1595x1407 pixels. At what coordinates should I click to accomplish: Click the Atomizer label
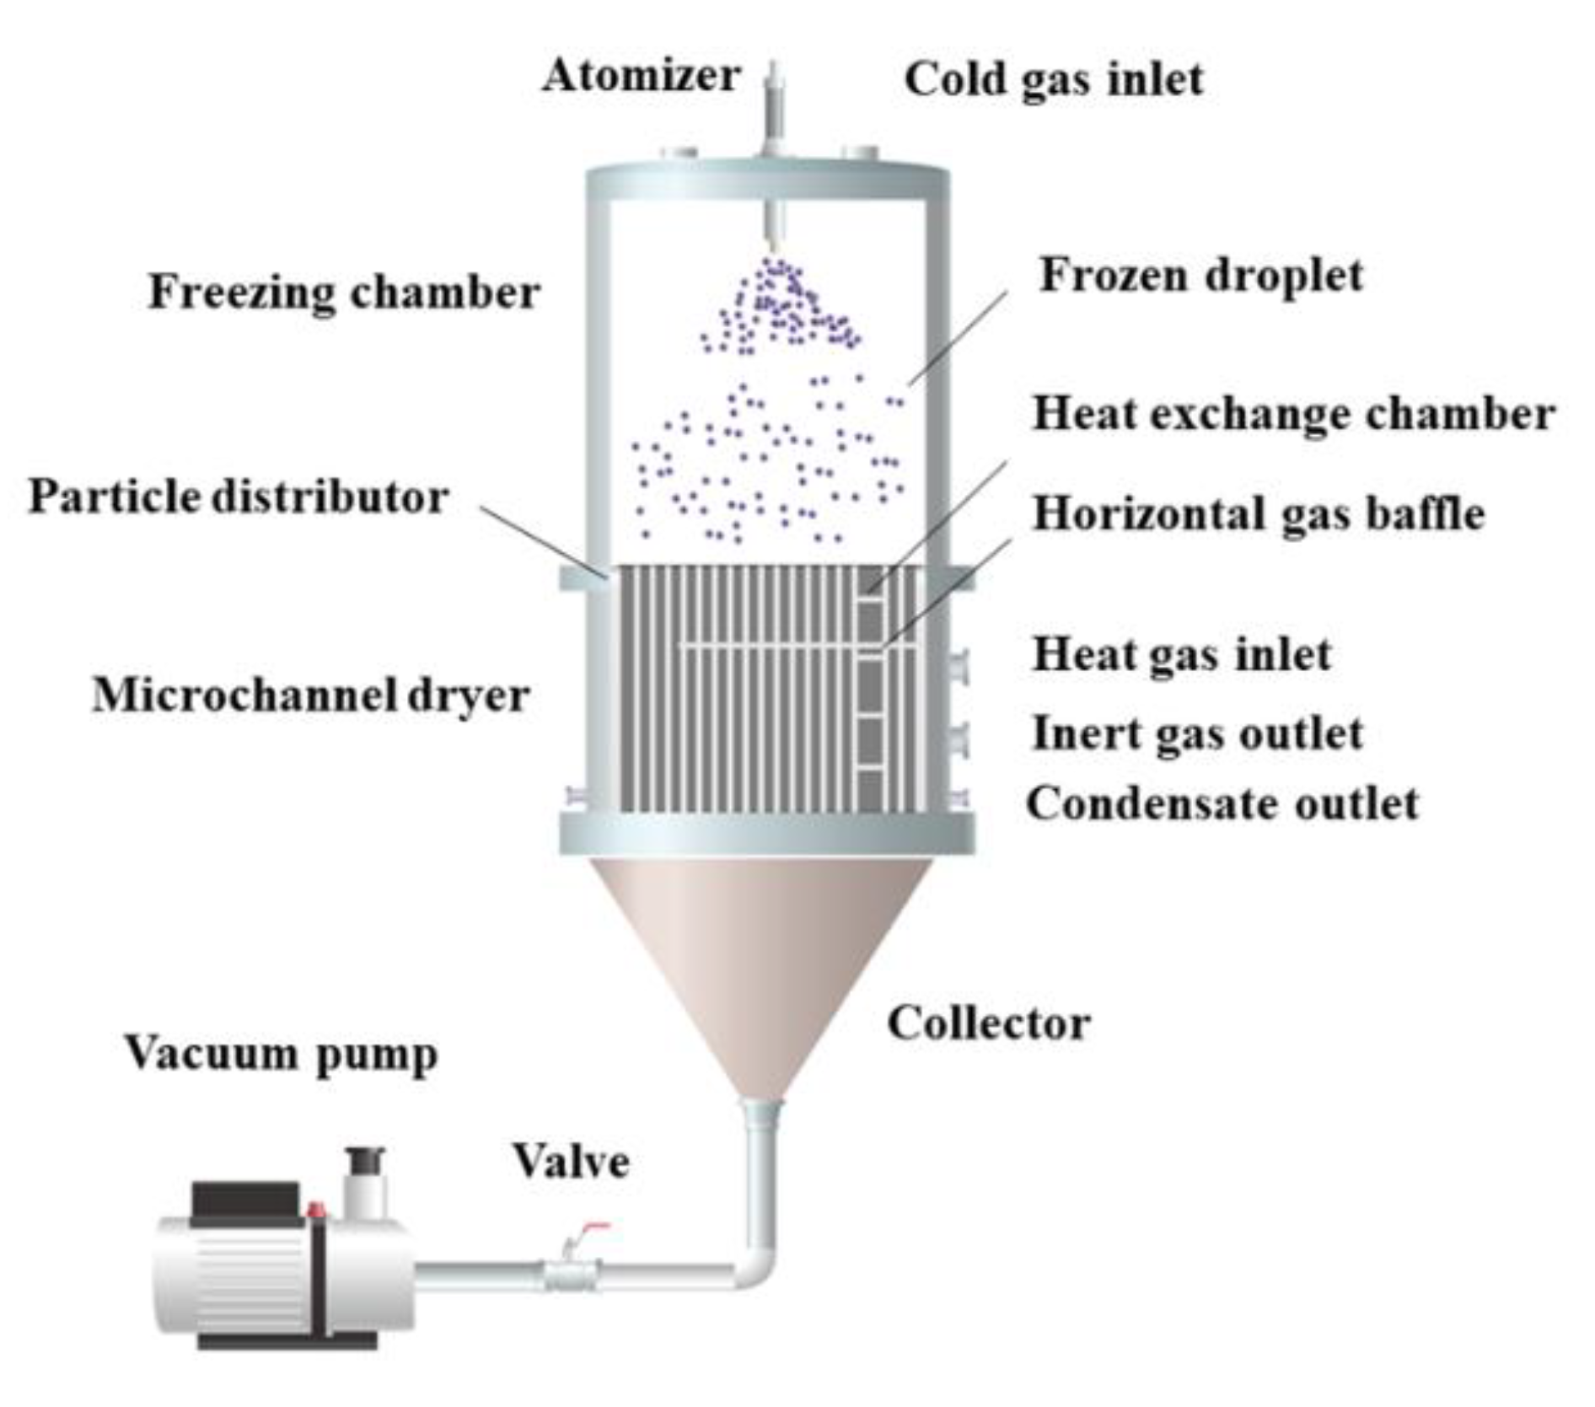641,76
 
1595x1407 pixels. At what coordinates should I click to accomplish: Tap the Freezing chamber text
344,293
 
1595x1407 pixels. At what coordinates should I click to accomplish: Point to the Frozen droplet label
1200,276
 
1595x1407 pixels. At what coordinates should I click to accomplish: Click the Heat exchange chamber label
1293,415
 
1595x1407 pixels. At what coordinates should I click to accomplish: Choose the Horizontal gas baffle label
1258,513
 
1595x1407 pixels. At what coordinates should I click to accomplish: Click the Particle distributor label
239,497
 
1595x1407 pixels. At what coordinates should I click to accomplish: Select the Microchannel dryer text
311,695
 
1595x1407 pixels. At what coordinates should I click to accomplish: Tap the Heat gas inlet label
1181,655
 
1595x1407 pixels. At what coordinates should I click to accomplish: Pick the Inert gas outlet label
1197,733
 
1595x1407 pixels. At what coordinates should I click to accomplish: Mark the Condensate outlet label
1222,803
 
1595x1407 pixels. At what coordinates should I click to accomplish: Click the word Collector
988,1024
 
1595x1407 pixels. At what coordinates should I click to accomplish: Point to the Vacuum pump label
282,1054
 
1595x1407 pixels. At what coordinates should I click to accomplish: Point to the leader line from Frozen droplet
959,337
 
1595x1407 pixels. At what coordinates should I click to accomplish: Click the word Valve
572,1162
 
